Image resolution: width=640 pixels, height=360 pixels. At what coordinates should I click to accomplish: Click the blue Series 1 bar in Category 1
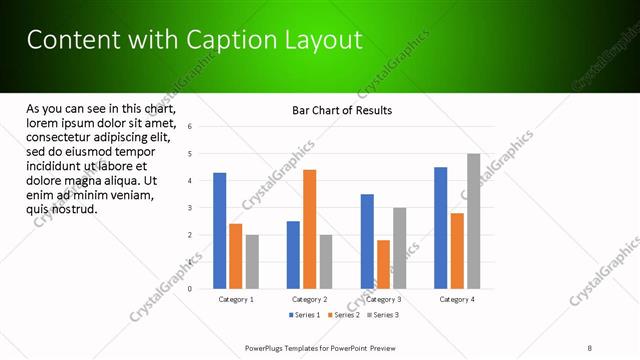click(x=220, y=231)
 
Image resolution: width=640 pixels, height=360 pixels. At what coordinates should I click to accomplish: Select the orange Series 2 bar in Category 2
click(x=309, y=229)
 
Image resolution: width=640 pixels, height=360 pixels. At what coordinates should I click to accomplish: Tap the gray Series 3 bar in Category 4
click(x=473, y=221)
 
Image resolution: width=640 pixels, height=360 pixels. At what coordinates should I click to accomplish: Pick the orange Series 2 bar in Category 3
click(x=383, y=264)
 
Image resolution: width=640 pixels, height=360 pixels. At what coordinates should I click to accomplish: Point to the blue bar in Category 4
click(x=441, y=228)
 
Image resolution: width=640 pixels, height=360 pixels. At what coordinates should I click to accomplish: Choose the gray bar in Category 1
click(x=252, y=262)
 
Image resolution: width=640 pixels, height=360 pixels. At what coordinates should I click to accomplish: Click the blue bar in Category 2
click(x=293, y=255)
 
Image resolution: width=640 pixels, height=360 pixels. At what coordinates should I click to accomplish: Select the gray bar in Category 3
click(x=399, y=248)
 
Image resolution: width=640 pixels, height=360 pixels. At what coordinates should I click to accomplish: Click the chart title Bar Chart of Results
click(x=342, y=110)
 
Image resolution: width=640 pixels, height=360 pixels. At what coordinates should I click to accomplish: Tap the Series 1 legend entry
click(x=305, y=315)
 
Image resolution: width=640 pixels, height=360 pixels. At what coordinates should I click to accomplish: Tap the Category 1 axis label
click(x=236, y=299)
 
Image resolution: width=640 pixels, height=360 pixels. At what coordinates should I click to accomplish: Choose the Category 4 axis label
click(x=457, y=299)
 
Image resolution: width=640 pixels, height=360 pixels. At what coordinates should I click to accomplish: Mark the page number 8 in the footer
click(x=590, y=347)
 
